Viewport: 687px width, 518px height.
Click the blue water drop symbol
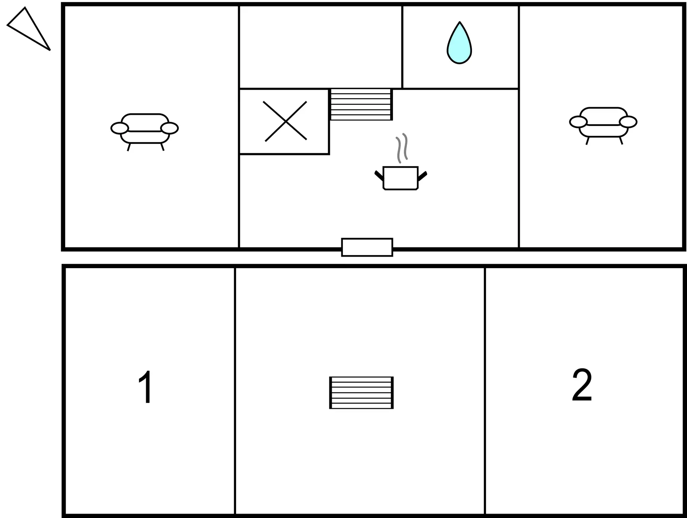pyautogui.click(x=459, y=43)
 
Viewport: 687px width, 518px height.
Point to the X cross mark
pyautogui.click(x=285, y=121)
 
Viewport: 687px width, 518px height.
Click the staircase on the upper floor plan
pyautogui.click(x=361, y=104)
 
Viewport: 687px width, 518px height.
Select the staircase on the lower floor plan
pyautogui.click(x=362, y=392)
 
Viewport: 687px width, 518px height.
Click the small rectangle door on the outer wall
pyautogui.click(x=367, y=247)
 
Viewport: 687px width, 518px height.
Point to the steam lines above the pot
pyautogui.click(x=402, y=148)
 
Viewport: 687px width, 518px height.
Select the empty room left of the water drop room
pyautogui.click(x=321, y=46)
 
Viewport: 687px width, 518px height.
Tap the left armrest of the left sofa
pyautogui.click(x=120, y=128)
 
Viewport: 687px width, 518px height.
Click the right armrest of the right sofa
pyautogui.click(x=628, y=122)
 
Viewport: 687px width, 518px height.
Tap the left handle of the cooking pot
pyautogui.click(x=379, y=176)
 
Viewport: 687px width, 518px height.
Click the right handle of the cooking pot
pyautogui.click(x=422, y=176)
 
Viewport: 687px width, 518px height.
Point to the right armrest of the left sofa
pyautogui.click(x=170, y=128)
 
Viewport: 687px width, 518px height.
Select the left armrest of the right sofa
pyautogui.click(x=578, y=122)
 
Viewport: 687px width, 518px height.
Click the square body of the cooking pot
pyautogui.click(x=401, y=178)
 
